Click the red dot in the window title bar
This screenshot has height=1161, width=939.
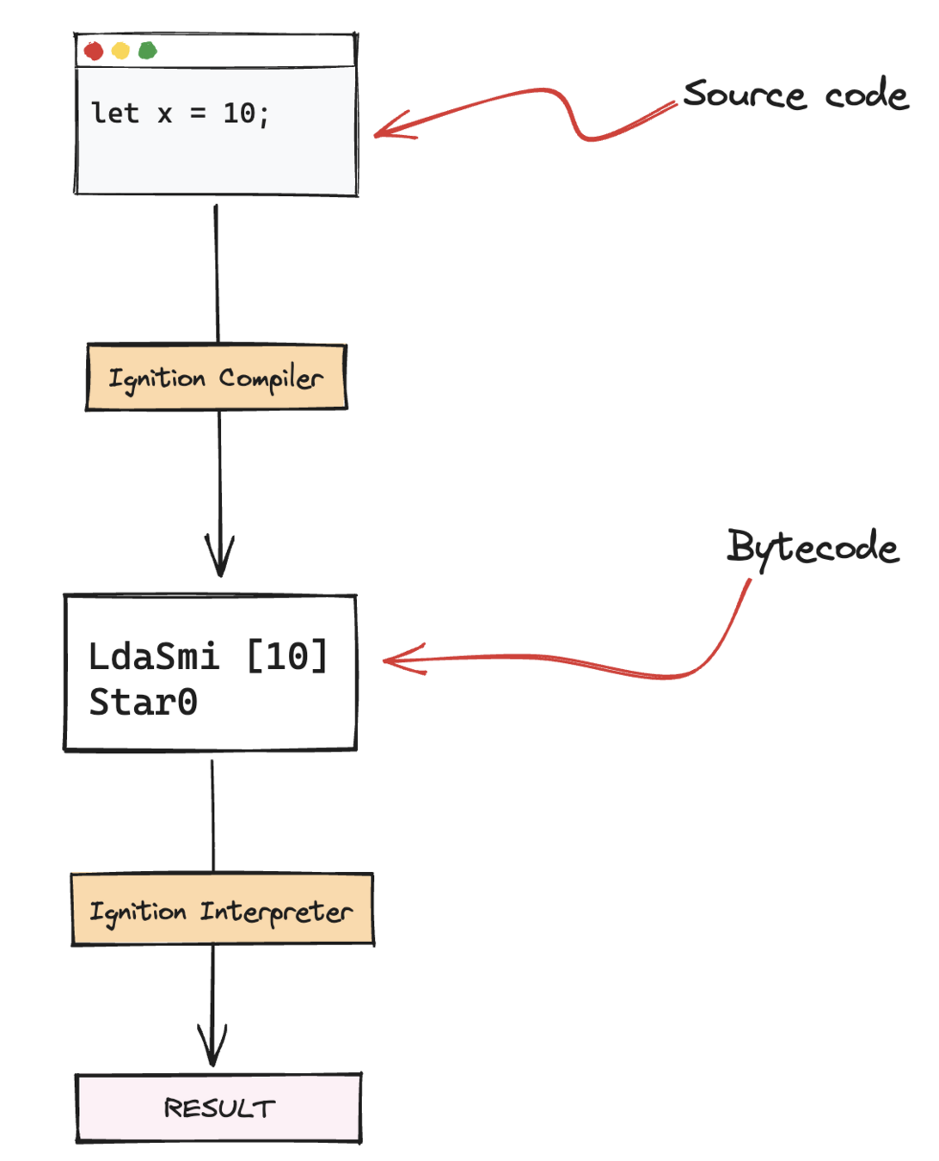pos(94,52)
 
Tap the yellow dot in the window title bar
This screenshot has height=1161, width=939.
pos(120,52)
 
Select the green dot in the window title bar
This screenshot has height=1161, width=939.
pos(148,52)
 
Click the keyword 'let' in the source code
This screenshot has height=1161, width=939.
pos(115,114)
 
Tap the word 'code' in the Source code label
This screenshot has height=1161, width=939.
pos(867,95)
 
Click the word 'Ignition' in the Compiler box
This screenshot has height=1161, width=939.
pos(156,378)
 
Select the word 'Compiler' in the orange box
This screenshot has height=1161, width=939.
pos(271,378)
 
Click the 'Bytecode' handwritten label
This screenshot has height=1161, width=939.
pos(813,547)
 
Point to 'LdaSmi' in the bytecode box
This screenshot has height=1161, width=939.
pos(154,657)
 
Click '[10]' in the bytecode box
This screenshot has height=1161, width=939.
pos(287,657)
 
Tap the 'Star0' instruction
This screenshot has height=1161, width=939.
pos(144,703)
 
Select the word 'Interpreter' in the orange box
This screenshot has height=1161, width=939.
pos(276,911)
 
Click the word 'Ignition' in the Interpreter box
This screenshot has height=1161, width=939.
pos(138,911)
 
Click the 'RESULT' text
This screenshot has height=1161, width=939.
pos(220,1109)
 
